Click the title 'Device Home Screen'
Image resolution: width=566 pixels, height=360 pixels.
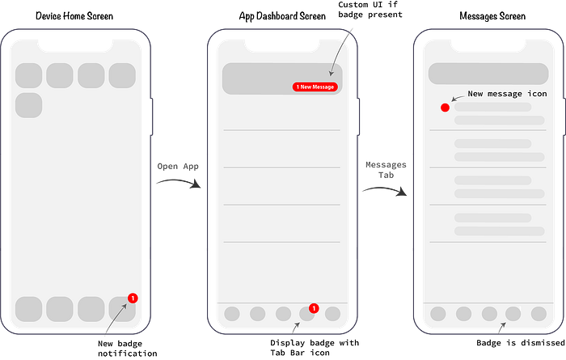pyautogui.click(x=74, y=16)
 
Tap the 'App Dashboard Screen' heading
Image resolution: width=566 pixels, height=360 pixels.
pyautogui.click(x=282, y=16)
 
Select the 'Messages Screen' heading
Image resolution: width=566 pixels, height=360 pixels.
pyautogui.click(x=492, y=16)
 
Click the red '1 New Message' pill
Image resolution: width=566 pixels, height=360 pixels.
pyautogui.click(x=315, y=87)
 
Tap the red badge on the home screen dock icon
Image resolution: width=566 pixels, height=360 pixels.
pyautogui.click(x=133, y=299)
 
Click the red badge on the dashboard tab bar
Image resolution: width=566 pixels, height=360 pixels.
pyautogui.click(x=314, y=308)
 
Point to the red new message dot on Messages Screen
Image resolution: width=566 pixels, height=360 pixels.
pyautogui.click(x=445, y=108)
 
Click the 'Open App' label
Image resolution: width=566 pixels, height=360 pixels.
pyautogui.click(x=178, y=167)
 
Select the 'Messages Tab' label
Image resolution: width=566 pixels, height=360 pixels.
pyautogui.click(x=386, y=170)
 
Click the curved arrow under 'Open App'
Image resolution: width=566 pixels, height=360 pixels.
pyautogui.click(x=180, y=181)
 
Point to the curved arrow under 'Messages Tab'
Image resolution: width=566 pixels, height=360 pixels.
pyautogui.click(x=386, y=188)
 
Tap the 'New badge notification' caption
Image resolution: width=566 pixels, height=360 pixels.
pyautogui.click(x=128, y=349)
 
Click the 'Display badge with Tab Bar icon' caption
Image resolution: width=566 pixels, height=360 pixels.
pyautogui.click(x=315, y=348)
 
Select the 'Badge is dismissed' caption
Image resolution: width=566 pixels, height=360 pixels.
pyautogui.click(x=521, y=343)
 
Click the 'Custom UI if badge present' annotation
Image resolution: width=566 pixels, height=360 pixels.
pyautogui.click(x=370, y=10)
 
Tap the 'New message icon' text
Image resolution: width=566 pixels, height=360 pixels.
pyautogui.click(x=507, y=94)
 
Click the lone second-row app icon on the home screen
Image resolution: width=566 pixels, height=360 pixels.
pyautogui.click(x=29, y=105)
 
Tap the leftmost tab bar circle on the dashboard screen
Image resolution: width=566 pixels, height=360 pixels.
pyautogui.click(x=232, y=314)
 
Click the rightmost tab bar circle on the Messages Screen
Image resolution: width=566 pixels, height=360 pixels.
pyautogui.click(x=539, y=314)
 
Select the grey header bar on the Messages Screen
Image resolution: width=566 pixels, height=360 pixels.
pyautogui.click(x=488, y=74)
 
